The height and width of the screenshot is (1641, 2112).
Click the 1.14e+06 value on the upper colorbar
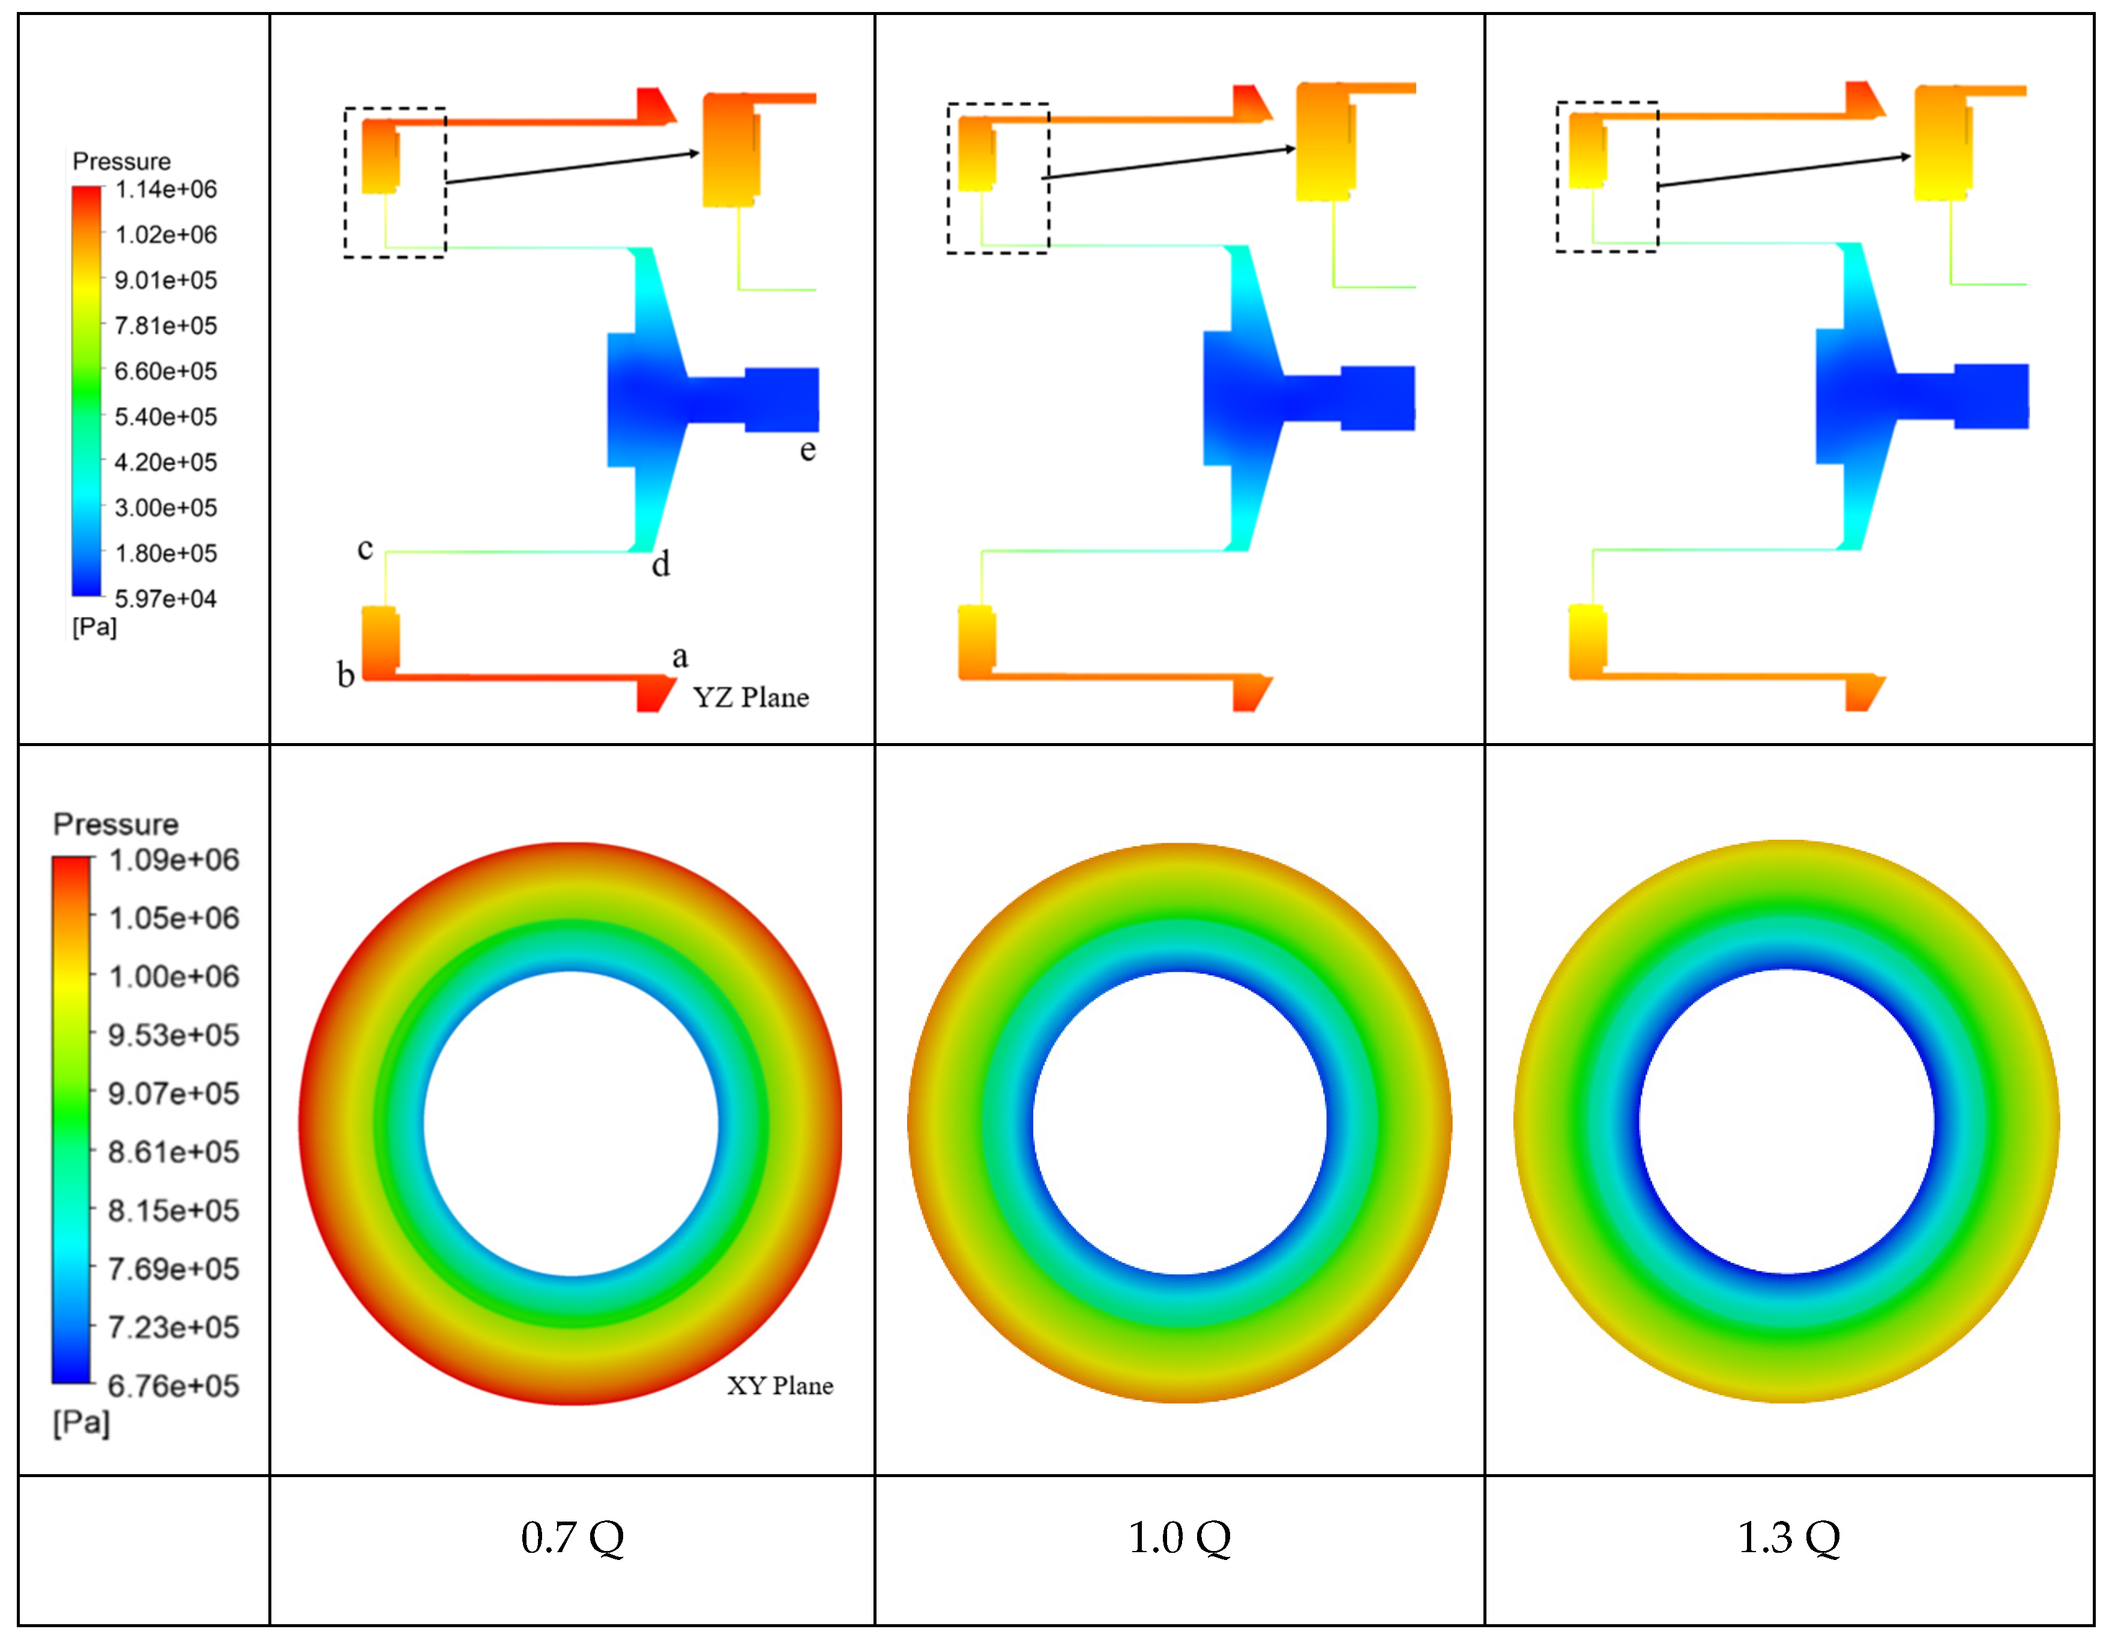point(165,190)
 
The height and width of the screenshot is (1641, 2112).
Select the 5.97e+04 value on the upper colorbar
point(165,598)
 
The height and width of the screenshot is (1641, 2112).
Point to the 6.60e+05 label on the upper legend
point(165,372)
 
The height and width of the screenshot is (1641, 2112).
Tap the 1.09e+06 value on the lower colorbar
point(173,860)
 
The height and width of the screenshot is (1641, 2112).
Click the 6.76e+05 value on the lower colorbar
point(173,1386)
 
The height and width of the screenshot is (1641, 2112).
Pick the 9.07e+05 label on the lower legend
point(173,1094)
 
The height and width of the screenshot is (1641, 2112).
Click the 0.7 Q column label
point(573,1538)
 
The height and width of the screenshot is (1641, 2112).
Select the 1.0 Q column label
point(1179,1538)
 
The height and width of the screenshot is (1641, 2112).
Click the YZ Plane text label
point(750,697)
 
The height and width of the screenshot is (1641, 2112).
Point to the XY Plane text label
point(779,1386)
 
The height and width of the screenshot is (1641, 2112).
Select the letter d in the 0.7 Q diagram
point(660,564)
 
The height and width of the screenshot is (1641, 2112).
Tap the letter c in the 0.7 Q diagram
point(364,549)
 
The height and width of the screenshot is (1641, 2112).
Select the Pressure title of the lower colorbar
point(115,824)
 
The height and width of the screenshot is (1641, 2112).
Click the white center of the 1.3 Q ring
point(1786,1122)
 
